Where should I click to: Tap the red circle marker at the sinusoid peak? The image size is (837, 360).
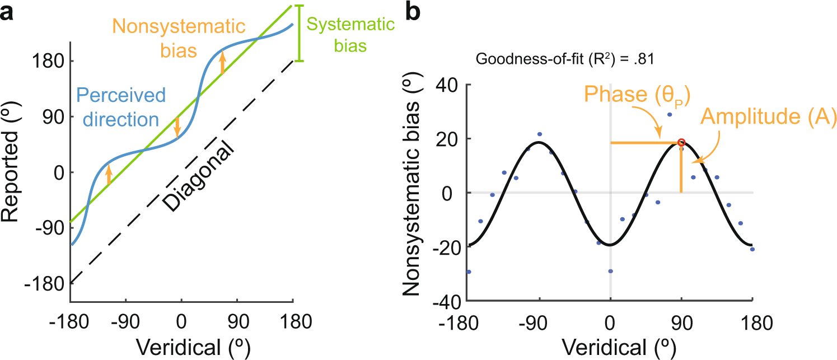pos(681,143)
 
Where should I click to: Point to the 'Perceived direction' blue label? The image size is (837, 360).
pos(121,107)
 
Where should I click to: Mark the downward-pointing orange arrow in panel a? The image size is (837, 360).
pos(177,127)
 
